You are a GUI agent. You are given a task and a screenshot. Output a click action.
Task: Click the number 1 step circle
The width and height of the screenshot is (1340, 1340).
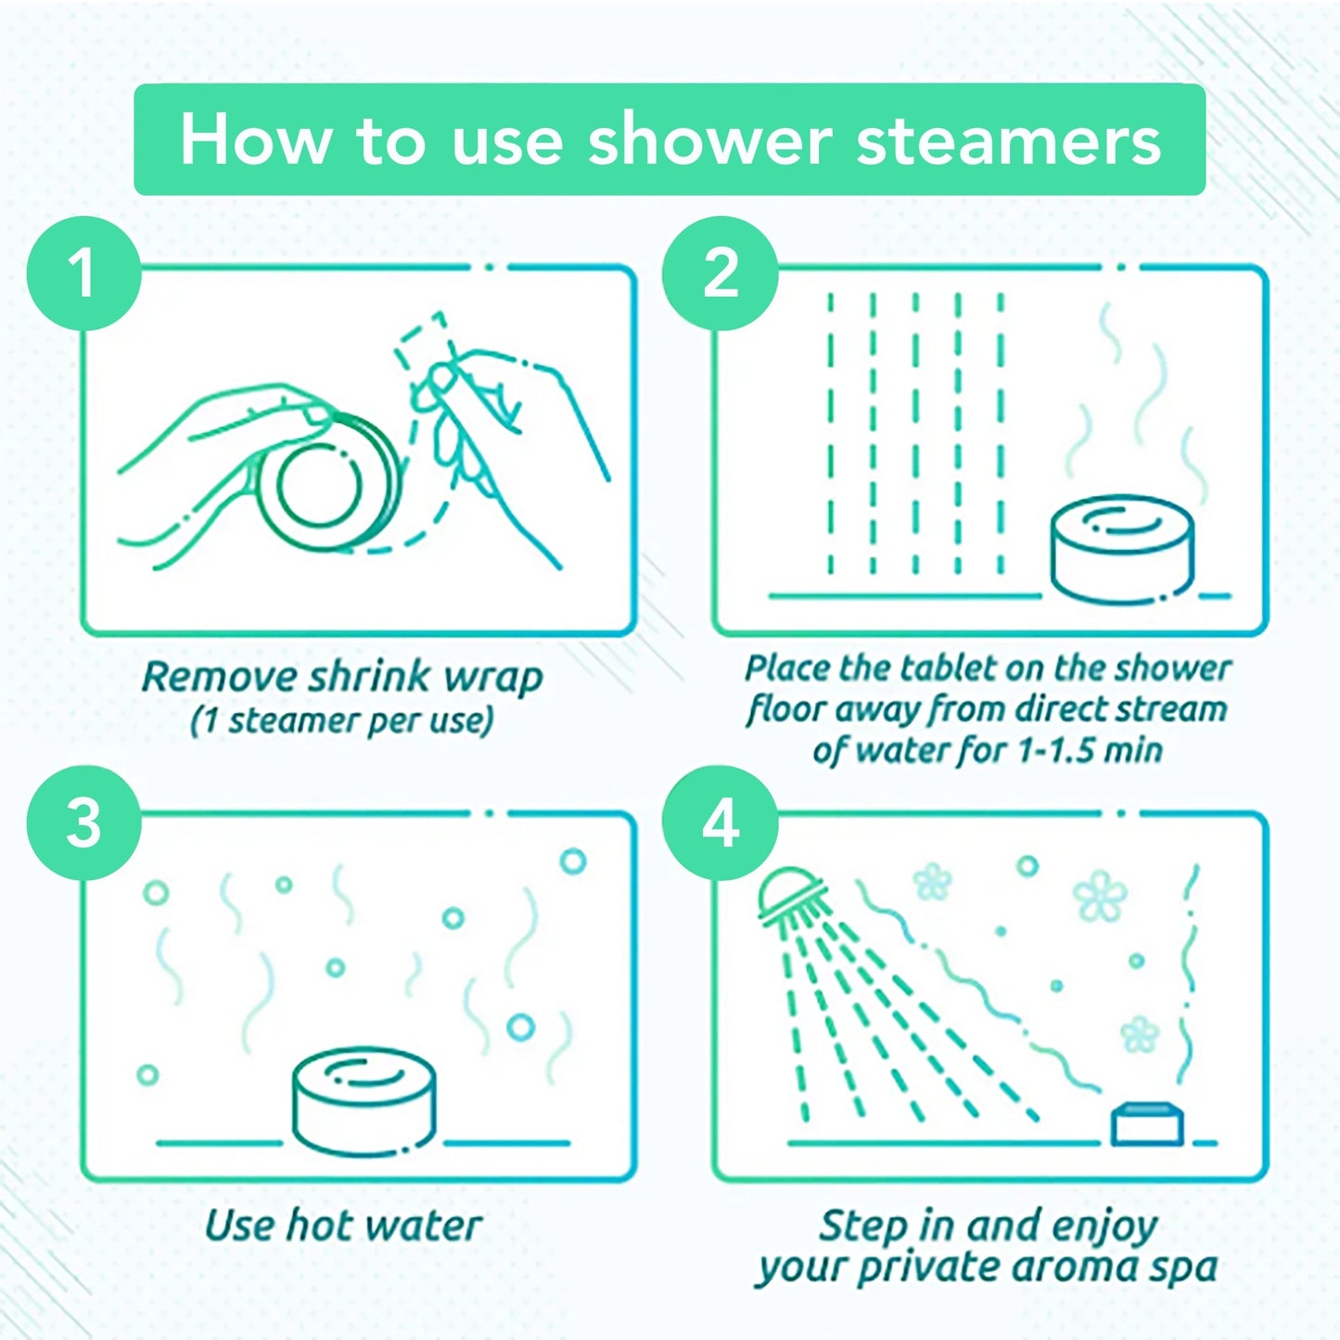tap(84, 274)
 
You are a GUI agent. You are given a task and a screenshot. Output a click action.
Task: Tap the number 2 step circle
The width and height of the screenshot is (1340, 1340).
tap(721, 274)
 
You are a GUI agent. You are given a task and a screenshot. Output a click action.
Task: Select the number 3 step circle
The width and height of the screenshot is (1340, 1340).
tap(84, 823)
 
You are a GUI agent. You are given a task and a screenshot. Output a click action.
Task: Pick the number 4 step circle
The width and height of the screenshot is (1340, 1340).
tap(721, 823)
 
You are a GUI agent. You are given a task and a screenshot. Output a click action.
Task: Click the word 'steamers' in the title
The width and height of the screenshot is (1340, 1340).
tap(1009, 141)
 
